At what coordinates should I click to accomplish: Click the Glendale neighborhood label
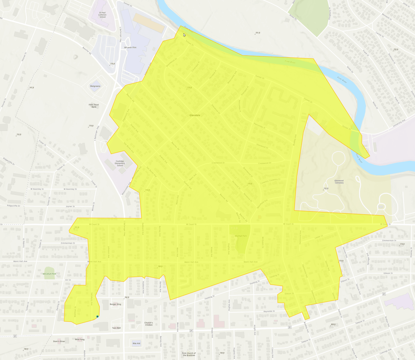click(x=195, y=115)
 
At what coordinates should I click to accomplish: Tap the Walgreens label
click(x=95, y=86)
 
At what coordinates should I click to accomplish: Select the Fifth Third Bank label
click(x=94, y=106)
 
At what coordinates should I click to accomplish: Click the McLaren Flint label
click(x=130, y=48)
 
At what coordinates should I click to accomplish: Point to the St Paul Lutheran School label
click(x=103, y=15)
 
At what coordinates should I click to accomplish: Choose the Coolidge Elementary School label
click(x=120, y=163)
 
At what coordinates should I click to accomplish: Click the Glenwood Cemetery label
click(x=339, y=182)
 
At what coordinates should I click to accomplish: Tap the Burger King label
click(x=115, y=304)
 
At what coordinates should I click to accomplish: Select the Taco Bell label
click(x=116, y=328)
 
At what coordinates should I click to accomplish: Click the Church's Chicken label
click(x=149, y=324)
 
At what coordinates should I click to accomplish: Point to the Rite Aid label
click(x=136, y=344)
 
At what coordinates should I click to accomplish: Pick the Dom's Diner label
click(x=59, y=341)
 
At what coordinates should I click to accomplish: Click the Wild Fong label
click(x=80, y=339)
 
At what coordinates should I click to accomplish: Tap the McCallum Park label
click(x=49, y=274)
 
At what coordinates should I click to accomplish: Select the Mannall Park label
click(x=241, y=236)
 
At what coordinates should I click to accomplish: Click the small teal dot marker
click(x=98, y=316)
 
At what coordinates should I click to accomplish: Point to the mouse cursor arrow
click(x=184, y=35)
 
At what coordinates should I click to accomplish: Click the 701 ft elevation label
click(x=257, y=33)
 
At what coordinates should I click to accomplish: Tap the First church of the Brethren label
click(x=189, y=354)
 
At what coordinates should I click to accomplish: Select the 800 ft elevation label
click(x=333, y=324)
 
